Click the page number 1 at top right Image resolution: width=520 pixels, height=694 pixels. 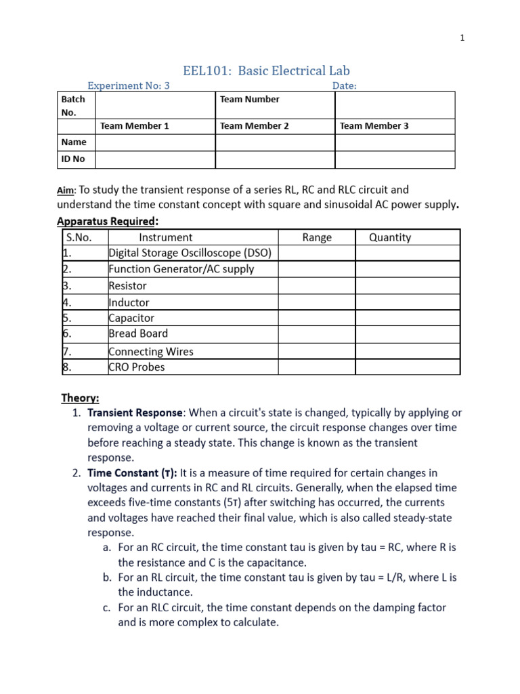click(x=462, y=39)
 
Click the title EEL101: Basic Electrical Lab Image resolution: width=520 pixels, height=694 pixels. click(x=267, y=70)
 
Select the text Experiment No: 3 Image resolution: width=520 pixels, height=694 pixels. click(x=129, y=85)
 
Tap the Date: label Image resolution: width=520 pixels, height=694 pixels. click(x=344, y=85)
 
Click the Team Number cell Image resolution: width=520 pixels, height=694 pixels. click(x=249, y=100)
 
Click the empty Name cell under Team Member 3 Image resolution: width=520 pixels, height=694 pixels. click(x=395, y=142)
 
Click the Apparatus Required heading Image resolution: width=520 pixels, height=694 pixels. click(x=108, y=221)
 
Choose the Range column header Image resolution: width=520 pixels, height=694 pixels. click(x=317, y=237)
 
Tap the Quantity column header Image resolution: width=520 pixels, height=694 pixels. click(x=389, y=237)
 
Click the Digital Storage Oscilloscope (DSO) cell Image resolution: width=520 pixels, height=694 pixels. click(x=190, y=253)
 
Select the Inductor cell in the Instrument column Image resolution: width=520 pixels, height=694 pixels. click(x=129, y=302)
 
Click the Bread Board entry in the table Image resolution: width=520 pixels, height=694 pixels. click(x=138, y=333)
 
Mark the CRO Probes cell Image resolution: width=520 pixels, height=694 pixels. click(x=137, y=367)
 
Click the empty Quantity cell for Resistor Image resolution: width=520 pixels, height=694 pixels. click(x=408, y=286)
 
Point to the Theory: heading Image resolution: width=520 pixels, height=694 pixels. click(x=80, y=398)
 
